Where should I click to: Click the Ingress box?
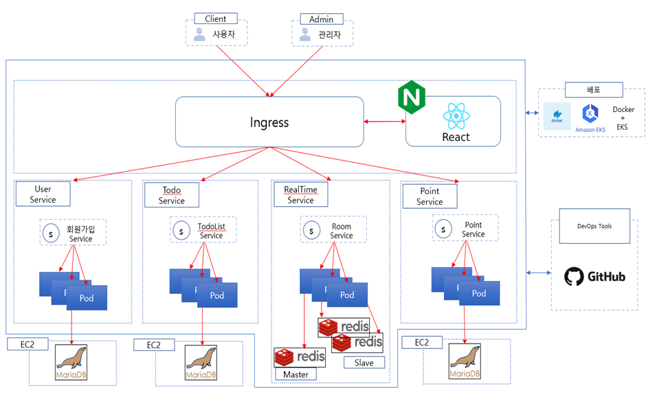[x=269, y=122]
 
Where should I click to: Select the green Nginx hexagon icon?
[x=412, y=98]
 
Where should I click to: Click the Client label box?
[x=216, y=19]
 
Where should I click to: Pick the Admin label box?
[x=321, y=19]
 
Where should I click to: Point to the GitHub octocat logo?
[x=575, y=276]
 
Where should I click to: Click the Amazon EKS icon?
[x=590, y=114]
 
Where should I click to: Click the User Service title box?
[x=43, y=194]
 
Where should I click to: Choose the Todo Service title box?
[x=171, y=195]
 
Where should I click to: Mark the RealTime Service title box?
[x=300, y=194]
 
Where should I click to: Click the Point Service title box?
[x=430, y=196]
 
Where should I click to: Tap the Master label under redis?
[x=296, y=374]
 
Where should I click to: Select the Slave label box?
[x=364, y=362]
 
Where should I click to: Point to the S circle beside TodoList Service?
[x=181, y=230]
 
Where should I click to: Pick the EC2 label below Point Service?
[x=416, y=342]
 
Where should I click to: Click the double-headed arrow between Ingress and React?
[x=385, y=122]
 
